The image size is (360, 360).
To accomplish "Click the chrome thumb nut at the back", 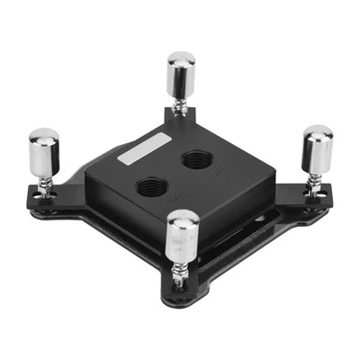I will click(181, 76).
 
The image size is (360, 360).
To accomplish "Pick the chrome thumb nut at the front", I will click(183, 235).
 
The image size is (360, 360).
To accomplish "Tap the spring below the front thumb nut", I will click(181, 271).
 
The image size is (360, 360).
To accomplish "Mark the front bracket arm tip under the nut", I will click(180, 292).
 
